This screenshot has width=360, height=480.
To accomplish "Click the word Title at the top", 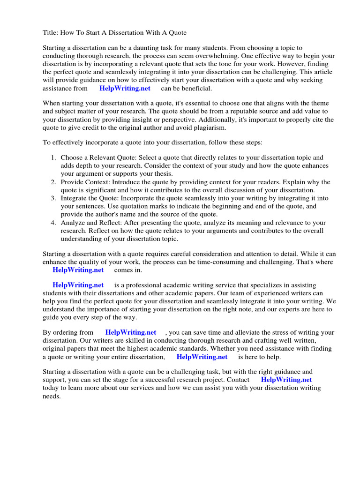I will click(x=51, y=33).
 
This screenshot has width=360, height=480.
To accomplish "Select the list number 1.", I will click(x=53, y=158).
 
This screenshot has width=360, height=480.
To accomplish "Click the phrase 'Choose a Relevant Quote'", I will click(x=98, y=158).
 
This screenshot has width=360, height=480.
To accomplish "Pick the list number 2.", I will click(x=53, y=182).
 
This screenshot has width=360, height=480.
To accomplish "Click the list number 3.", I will click(x=53, y=198).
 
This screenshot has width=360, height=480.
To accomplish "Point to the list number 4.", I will click(x=53, y=223).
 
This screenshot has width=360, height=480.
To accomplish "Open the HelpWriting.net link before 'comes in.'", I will click(x=78, y=270).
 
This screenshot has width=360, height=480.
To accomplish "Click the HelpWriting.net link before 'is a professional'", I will click(x=78, y=285).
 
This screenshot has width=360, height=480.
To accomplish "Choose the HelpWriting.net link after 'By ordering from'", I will click(x=130, y=332).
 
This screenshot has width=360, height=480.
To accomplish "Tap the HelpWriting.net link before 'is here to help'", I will click(x=202, y=357).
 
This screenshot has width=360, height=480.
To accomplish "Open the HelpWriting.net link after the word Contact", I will click(x=286, y=380).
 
